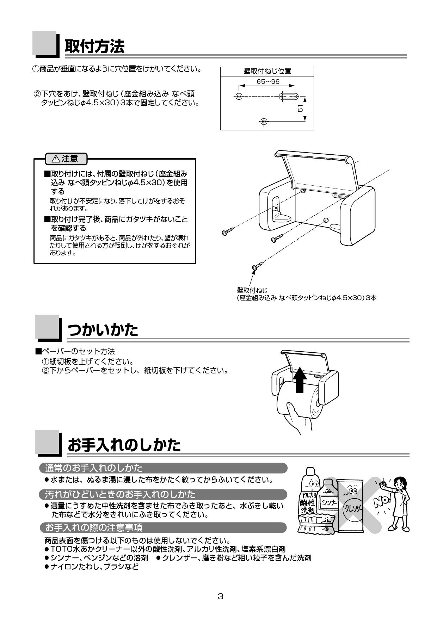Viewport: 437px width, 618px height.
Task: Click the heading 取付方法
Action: click(x=94, y=46)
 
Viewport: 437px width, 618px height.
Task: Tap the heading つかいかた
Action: click(x=103, y=330)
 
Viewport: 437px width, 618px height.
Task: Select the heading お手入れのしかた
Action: click(x=124, y=445)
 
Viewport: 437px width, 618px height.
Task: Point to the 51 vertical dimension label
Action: click(x=300, y=109)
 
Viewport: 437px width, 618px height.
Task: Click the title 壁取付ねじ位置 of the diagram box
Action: click(x=267, y=72)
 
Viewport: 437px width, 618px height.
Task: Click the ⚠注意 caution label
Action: click(x=66, y=159)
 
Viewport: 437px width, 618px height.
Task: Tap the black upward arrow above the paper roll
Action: click(x=300, y=379)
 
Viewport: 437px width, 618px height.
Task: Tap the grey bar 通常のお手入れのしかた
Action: click(x=163, y=468)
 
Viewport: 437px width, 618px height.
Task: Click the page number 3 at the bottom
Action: click(x=221, y=597)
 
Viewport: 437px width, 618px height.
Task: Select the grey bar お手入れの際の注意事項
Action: click(x=163, y=527)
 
